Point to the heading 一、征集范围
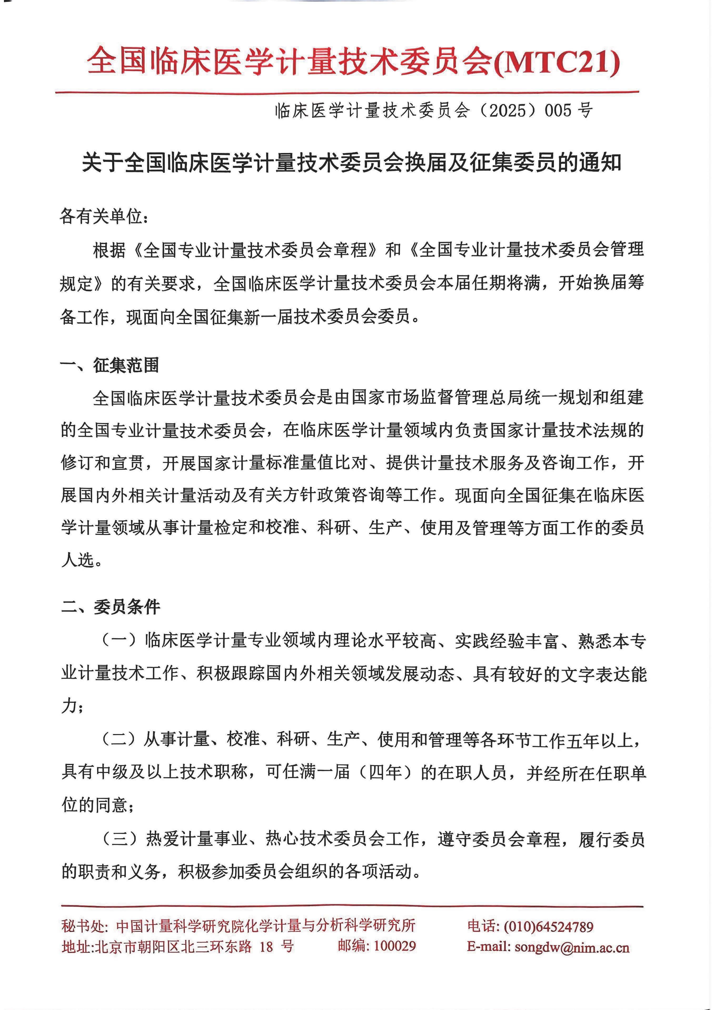[x=110, y=365]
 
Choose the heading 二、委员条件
[x=110, y=607]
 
